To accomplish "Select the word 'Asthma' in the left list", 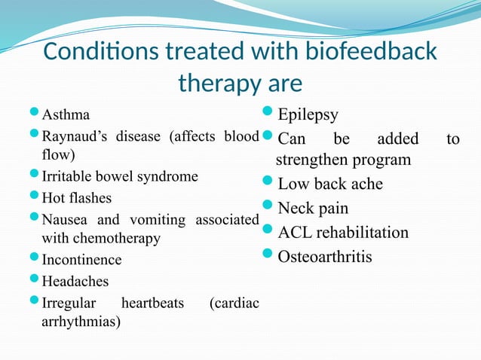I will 66,115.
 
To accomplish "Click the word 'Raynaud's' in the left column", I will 75,136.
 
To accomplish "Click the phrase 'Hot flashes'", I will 76,198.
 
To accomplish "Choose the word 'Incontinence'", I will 81,260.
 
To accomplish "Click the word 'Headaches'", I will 75,281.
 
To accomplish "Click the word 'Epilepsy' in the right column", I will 308,115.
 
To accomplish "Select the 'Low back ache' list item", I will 330,184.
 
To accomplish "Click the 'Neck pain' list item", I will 313,208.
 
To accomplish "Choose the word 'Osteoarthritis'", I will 325,257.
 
